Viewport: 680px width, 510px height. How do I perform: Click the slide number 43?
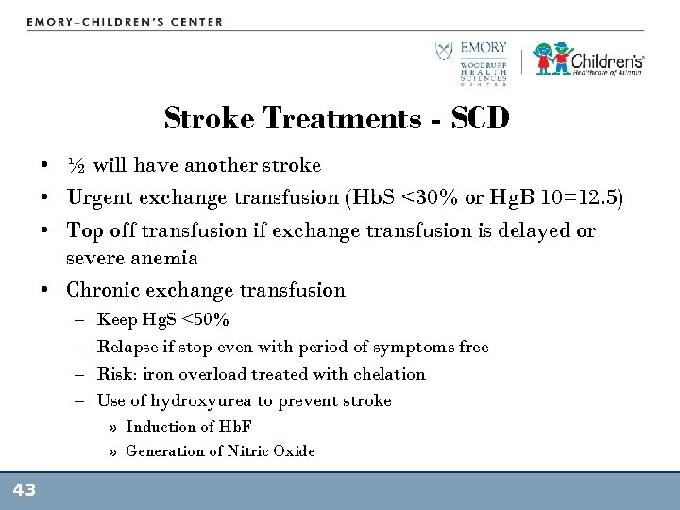24,490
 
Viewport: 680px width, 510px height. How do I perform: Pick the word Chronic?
101,290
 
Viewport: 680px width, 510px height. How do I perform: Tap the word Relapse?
125,347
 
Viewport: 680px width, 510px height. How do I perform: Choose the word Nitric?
248,450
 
